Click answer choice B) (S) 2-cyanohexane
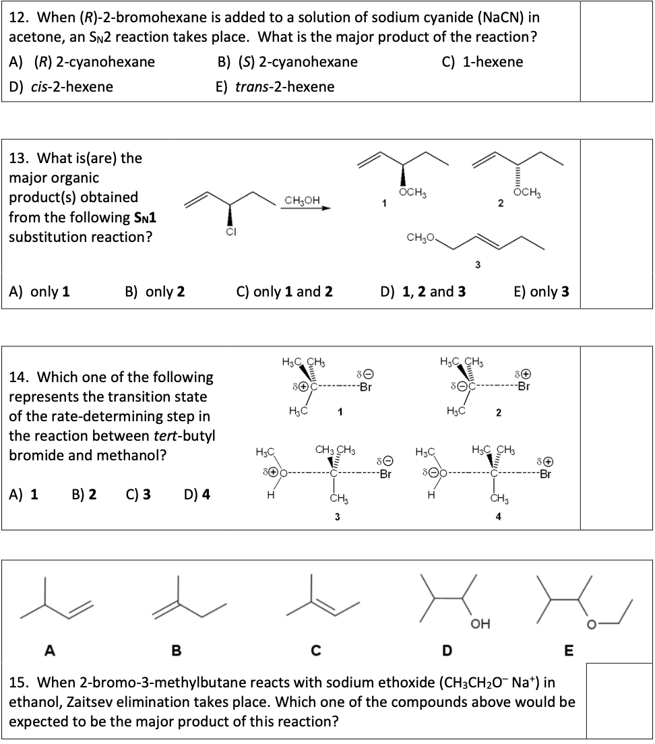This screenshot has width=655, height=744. pyautogui.click(x=288, y=62)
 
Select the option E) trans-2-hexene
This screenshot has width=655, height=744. pyautogui.click(x=275, y=87)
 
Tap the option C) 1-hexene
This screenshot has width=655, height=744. pyautogui.click(x=482, y=62)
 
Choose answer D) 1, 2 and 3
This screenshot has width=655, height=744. pyautogui.click(x=423, y=292)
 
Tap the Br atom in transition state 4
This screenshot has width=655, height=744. pyautogui.click(x=545, y=473)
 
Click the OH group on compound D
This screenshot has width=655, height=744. pyautogui.click(x=481, y=623)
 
